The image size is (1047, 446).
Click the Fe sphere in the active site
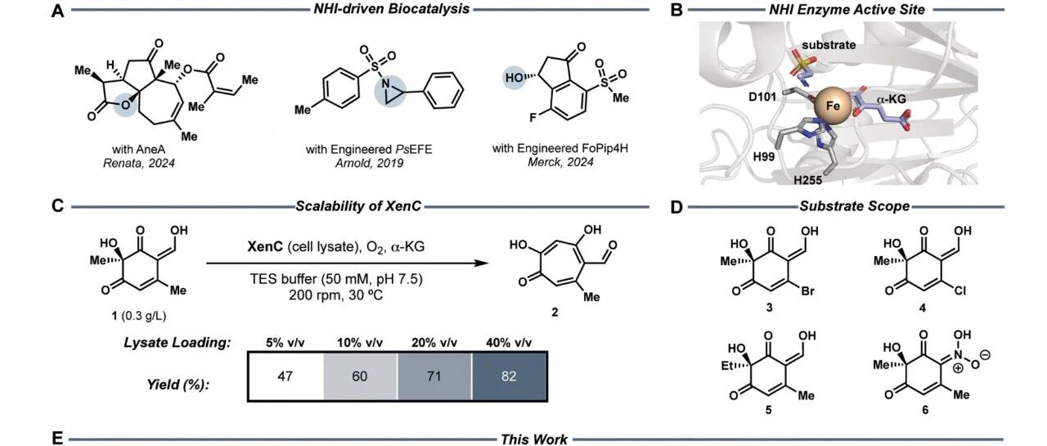point(833,106)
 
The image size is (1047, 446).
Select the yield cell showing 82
point(509,376)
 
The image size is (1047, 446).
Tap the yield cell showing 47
point(285,376)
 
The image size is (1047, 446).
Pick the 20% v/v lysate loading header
point(434,343)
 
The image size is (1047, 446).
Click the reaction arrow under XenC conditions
point(348,264)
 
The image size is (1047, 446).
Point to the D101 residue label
point(762,97)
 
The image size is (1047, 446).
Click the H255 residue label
point(807,179)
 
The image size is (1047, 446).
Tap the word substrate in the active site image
point(829,45)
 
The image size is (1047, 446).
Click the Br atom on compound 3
point(807,291)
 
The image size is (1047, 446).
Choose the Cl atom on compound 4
point(959,291)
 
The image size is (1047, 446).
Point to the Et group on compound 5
point(727,366)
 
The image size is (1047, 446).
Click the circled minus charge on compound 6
point(984,355)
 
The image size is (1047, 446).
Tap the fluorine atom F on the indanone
point(532,118)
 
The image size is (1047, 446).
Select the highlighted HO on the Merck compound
point(515,78)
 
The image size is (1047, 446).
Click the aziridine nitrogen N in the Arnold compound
point(385,83)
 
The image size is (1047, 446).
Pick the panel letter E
point(57,439)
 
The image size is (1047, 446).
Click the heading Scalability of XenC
point(358,206)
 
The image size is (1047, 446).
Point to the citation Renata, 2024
point(139,163)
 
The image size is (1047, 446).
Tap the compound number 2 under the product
point(555,312)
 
